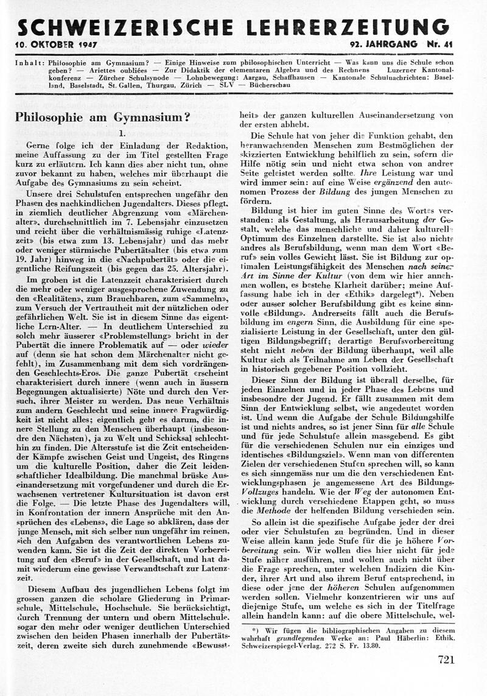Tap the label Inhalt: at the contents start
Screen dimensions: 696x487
click(x=29, y=63)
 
